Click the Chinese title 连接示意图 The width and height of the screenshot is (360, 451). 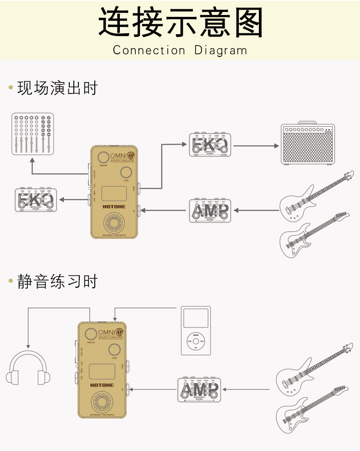click(180, 23)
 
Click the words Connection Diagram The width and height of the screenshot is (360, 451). click(180, 50)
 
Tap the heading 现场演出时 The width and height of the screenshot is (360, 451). click(57, 88)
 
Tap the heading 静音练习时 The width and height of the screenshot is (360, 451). click(57, 281)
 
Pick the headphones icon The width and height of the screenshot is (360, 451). click(28, 367)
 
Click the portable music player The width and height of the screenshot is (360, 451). click(196, 331)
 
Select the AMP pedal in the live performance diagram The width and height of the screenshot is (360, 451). click(210, 210)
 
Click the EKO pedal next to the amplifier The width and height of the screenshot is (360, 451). click(210, 145)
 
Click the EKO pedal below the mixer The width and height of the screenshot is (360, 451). click(35, 199)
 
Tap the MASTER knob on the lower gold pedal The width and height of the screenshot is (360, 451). click(92, 333)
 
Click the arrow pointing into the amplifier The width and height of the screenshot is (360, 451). click(276, 146)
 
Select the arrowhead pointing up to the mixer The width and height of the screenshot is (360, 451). click(32, 161)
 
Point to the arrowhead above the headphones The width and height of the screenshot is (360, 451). click(28, 347)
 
